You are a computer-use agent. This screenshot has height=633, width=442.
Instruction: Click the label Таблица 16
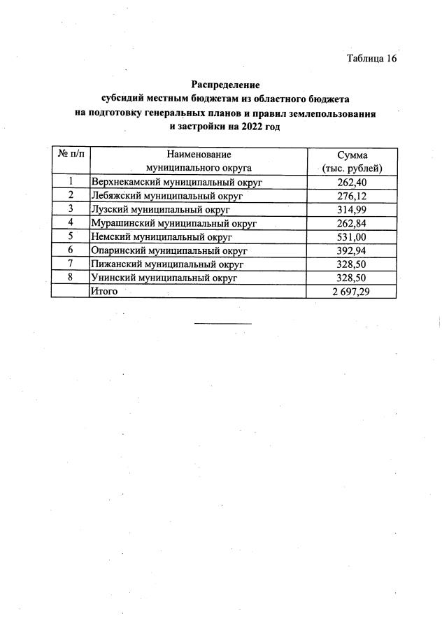point(371,58)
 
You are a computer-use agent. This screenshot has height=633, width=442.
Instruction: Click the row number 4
point(71,222)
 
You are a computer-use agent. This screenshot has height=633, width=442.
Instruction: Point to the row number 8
point(71,277)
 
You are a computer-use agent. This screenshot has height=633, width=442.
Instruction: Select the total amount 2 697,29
point(351,291)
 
